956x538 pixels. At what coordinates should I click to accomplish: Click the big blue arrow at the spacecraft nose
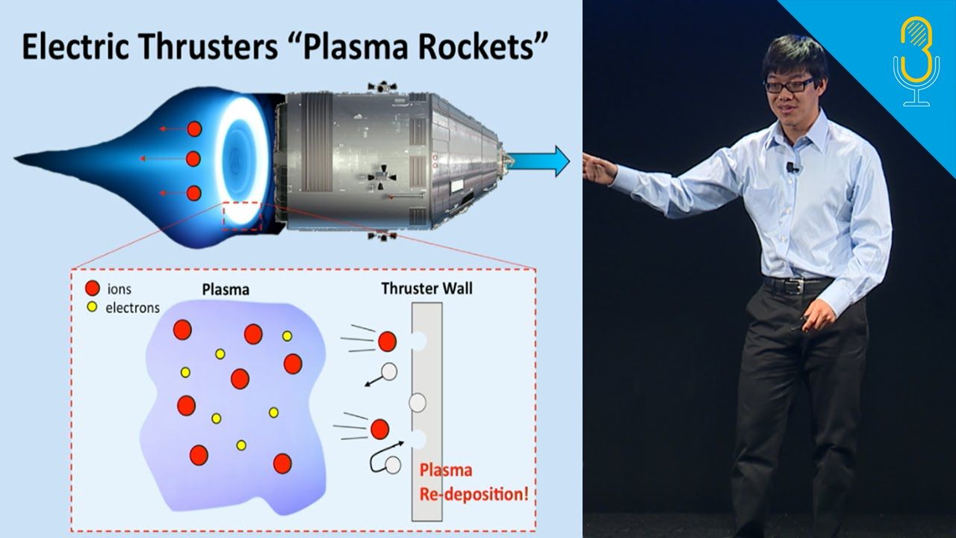point(538,161)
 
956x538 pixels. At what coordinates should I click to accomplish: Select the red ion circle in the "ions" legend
point(92,288)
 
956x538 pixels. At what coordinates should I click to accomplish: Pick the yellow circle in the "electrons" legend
point(92,306)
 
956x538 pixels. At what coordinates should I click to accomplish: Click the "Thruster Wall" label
point(426,288)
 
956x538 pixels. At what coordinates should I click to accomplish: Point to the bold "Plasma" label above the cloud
point(226,289)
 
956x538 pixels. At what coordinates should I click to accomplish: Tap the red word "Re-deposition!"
point(474,495)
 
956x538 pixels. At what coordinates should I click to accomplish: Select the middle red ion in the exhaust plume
point(193,159)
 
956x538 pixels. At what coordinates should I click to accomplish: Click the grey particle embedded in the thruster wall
point(418,403)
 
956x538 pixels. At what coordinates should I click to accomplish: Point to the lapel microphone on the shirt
point(792,167)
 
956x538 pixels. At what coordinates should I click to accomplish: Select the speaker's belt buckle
point(790,285)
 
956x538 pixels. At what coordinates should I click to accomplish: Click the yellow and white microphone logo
point(916,61)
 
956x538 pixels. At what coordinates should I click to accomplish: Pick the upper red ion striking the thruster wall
point(387,341)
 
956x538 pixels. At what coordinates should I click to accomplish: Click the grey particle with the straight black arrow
point(389,371)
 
